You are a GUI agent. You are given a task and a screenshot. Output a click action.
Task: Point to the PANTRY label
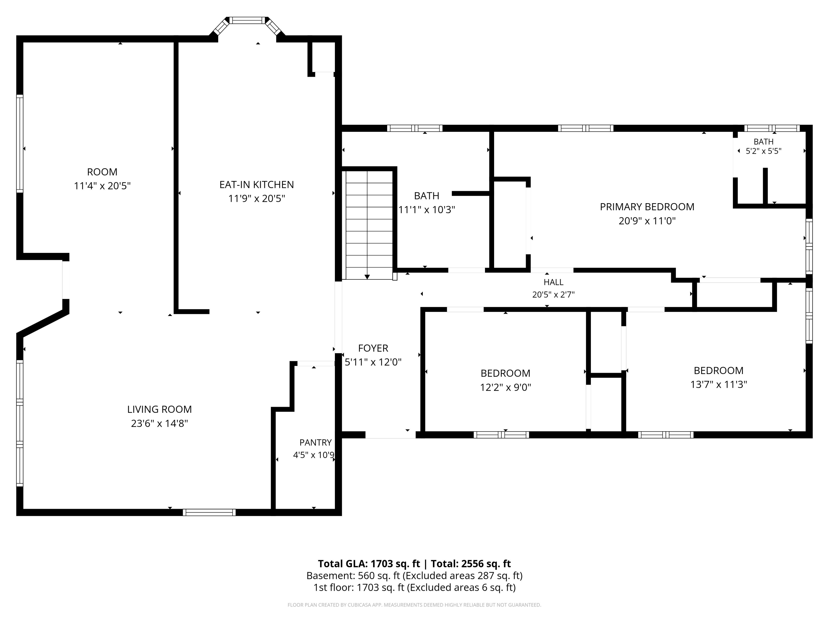tap(315, 442)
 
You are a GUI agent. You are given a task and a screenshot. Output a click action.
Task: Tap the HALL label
tap(553, 282)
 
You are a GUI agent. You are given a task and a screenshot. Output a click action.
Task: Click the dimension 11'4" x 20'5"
tap(102, 185)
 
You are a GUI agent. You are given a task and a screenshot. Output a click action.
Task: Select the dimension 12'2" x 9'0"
tap(506, 387)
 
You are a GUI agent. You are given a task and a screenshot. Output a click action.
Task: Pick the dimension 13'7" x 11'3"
tap(718, 384)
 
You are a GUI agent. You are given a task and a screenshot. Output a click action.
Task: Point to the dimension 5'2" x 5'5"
tap(764, 151)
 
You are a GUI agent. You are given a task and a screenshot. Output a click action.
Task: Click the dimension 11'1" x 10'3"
tap(426, 209)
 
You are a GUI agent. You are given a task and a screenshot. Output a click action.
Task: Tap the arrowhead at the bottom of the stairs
tap(367, 277)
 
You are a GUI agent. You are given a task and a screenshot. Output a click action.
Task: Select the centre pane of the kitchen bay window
tap(247, 20)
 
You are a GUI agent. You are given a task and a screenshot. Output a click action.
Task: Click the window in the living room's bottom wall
tap(209, 512)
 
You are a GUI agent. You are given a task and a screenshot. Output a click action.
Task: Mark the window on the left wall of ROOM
tap(20, 143)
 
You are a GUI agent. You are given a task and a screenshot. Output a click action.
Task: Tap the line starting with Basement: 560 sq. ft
tap(414, 576)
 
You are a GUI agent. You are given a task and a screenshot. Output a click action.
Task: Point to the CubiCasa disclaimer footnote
tap(414, 605)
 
